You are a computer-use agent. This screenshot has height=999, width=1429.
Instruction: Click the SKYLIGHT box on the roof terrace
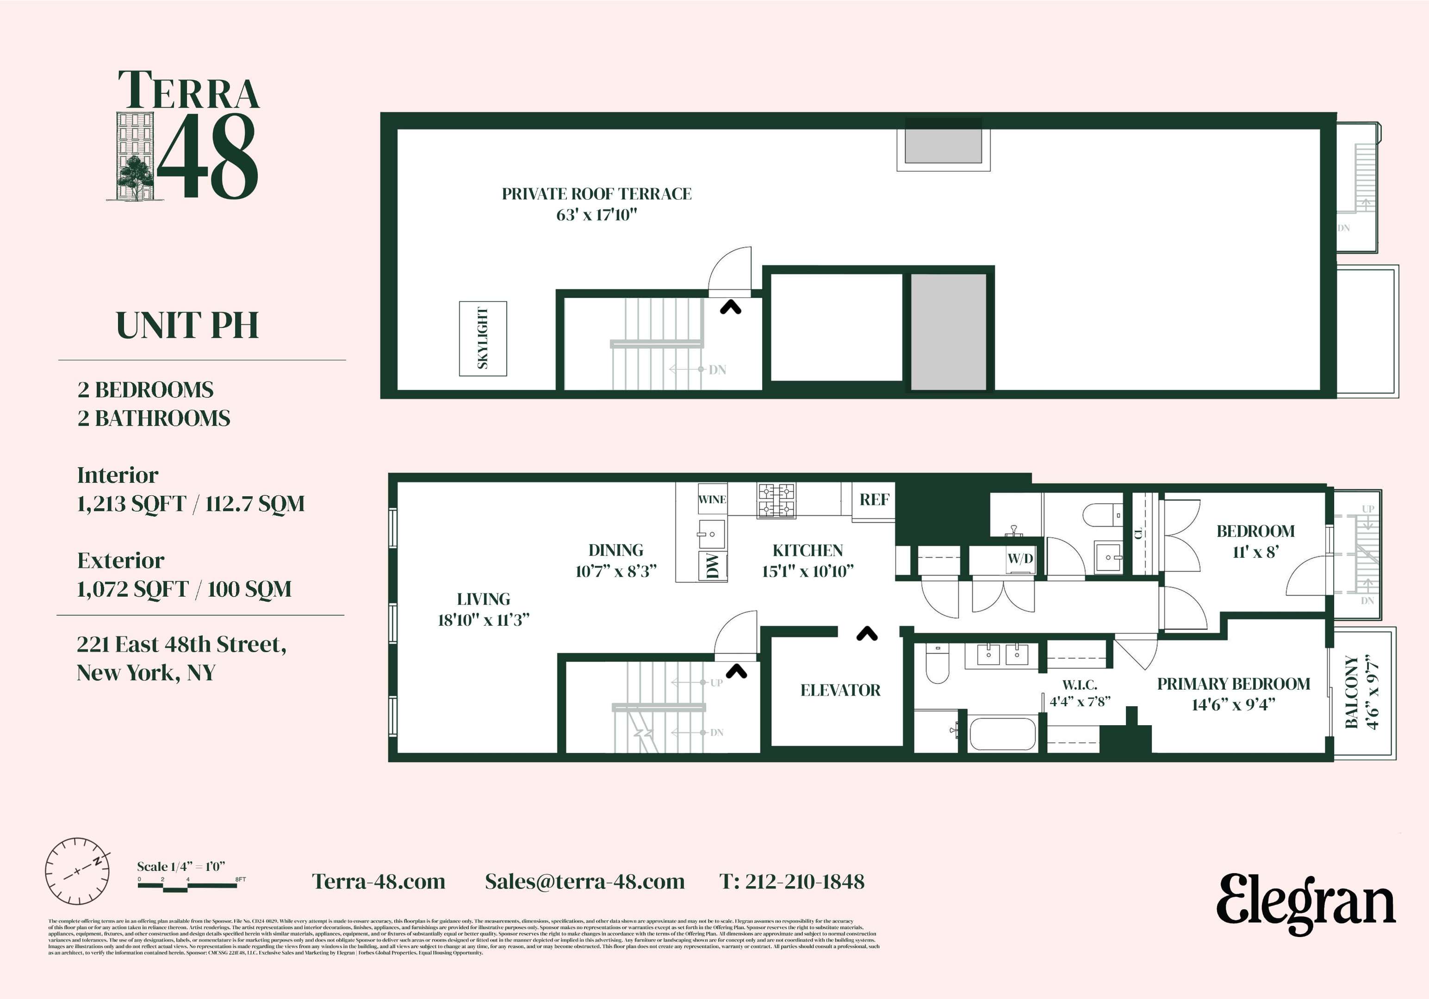tap(483, 339)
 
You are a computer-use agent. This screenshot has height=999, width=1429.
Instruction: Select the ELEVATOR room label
tap(840, 690)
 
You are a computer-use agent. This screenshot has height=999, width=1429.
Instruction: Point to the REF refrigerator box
tap(874, 499)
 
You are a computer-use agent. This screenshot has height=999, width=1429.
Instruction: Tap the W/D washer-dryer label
tap(1020, 558)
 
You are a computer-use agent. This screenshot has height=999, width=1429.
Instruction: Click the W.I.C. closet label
tap(1080, 685)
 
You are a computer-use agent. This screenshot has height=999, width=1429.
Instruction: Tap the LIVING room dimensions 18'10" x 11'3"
tap(484, 620)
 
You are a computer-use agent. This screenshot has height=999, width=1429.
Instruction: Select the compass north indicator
tap(97, 862)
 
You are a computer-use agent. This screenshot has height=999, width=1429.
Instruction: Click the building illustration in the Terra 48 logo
tap(135, 156)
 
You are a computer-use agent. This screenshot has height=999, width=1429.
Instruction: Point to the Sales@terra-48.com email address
tap(584, 882)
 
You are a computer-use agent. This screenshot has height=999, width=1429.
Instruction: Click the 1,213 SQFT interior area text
tap(131, 503)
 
